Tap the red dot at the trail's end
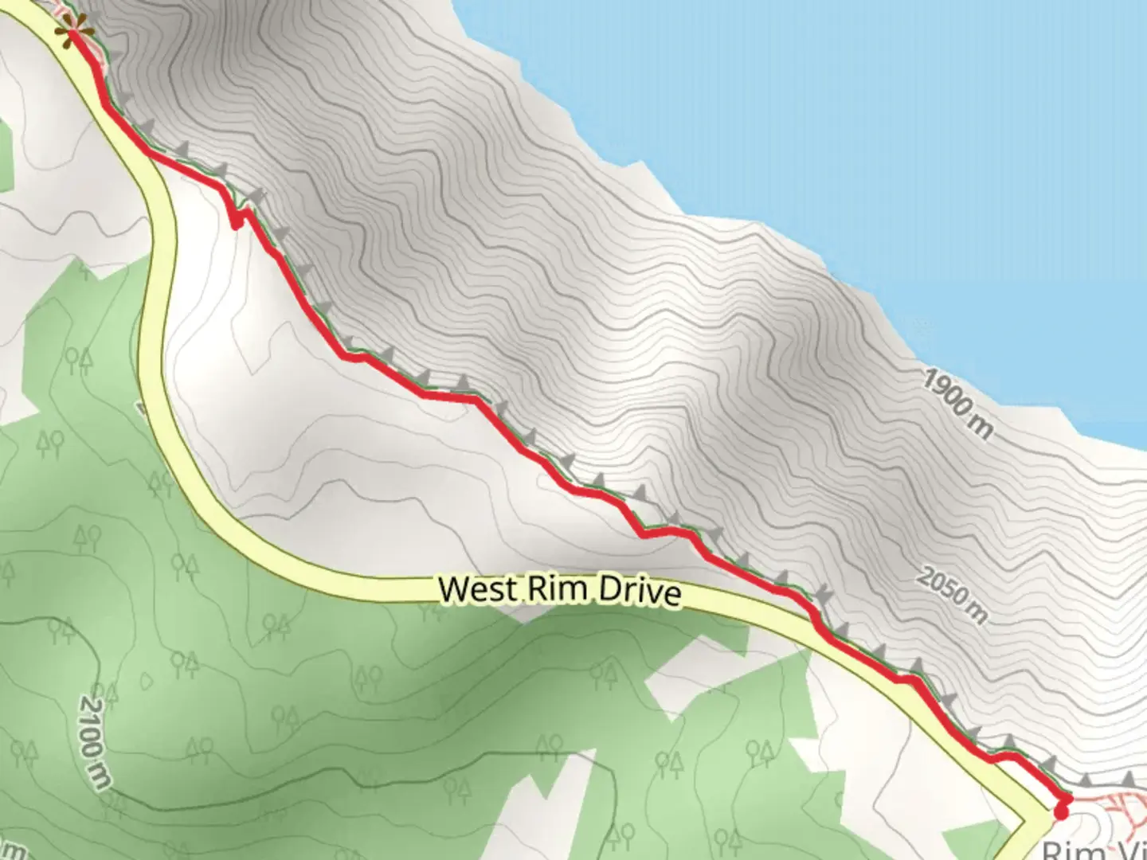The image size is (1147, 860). tap(1061, 811)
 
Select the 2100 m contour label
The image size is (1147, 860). tap(94, 741)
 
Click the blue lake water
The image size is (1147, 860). tap(876, 119)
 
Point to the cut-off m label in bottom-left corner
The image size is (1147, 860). tap(16, 850)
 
